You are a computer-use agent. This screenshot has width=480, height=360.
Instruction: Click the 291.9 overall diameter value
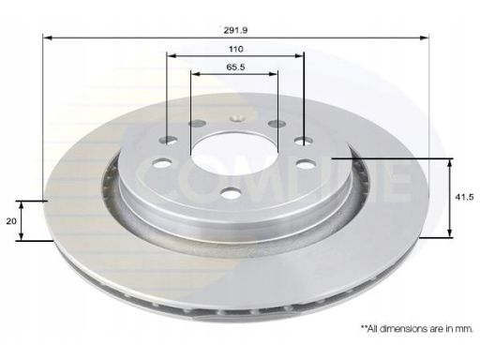click(x=235, y=30)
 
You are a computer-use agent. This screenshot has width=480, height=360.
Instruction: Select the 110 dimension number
click(x=235, y=49)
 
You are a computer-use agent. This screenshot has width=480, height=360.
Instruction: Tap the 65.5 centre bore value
click(x=235, y=67)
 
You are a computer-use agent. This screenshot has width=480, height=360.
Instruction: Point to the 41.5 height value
click(x=464, y=197)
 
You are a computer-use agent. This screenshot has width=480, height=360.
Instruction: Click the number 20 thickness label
click(x=11, y=221)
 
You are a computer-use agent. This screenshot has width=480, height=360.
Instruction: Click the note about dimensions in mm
click(x=417, y=328)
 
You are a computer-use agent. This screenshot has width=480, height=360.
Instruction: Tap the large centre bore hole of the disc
click(x=234, y=154)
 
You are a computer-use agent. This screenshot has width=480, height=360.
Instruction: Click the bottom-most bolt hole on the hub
click(x=231, y=193)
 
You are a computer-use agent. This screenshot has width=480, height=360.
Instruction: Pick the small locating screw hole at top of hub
click(x=236, y=118)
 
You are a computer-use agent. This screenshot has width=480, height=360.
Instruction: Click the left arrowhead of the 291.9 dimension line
click(x=47, y=38)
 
